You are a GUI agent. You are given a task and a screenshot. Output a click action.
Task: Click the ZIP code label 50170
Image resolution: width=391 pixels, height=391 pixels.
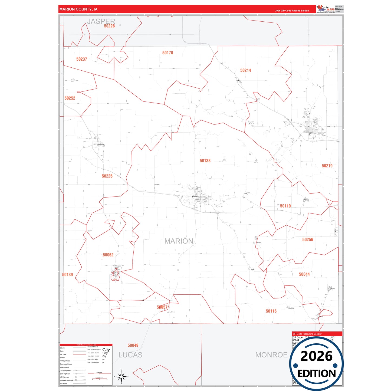point(167,53)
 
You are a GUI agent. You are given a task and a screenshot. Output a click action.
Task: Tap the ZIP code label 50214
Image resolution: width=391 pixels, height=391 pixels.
point(245,70)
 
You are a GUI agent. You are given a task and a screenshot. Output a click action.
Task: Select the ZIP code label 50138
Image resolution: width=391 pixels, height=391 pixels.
point(205,161)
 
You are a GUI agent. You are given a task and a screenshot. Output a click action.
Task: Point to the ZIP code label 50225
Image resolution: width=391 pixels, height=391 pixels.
point(107,176)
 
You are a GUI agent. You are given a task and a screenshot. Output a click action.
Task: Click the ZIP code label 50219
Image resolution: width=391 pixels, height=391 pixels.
point(327,166)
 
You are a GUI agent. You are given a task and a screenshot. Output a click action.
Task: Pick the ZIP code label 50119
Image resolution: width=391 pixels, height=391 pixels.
point(285,206)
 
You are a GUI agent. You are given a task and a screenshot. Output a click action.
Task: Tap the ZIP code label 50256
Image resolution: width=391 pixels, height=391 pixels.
point(308,240)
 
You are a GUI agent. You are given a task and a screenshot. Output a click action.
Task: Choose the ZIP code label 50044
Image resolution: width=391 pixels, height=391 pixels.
point(304,274)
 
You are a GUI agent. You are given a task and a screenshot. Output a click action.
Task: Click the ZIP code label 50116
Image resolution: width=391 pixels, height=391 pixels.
point(271,311)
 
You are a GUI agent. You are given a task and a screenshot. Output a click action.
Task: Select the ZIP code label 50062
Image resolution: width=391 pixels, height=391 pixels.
point(108,255)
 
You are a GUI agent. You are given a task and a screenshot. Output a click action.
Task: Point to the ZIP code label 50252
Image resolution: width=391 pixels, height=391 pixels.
point(70,98)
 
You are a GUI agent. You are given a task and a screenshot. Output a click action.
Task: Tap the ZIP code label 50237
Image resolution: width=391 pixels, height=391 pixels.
point(82,59)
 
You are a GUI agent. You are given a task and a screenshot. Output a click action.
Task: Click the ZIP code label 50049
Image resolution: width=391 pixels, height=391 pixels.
point(133,345)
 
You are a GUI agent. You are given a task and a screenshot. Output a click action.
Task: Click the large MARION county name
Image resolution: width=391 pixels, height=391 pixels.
point(179,241)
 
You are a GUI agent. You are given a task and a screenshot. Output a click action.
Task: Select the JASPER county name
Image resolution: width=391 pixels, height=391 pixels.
point(101,21)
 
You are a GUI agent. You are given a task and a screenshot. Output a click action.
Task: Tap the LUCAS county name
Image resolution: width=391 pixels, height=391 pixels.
point(130,355)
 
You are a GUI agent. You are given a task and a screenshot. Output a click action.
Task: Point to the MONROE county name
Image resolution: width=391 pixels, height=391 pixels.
point(271,355)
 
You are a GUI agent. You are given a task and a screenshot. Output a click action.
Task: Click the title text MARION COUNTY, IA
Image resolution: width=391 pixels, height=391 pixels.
point(78,9)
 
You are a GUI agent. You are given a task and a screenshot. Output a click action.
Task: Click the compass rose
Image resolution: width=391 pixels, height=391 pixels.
point(121,377)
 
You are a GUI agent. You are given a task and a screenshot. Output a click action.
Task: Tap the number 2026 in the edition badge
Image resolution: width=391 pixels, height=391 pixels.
point(316,356)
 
